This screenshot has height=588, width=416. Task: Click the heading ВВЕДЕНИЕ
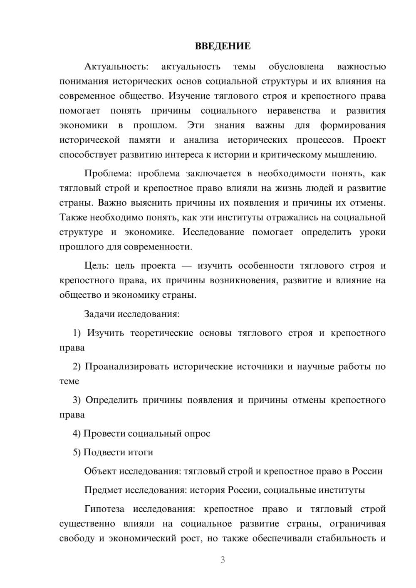pos(223,46)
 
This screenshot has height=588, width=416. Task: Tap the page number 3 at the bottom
pos(223,560)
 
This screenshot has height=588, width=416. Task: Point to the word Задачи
pos(99,314)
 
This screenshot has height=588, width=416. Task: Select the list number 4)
pos(77,433)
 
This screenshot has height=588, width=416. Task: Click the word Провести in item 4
pos(104,433)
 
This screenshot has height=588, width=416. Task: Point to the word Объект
pos(100,471)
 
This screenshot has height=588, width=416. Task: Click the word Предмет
pos(102,490)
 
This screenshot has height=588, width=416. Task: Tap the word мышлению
pos(356,155)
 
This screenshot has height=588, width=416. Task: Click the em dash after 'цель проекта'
pos(186,266)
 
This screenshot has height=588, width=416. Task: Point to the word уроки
pos(373,232)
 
